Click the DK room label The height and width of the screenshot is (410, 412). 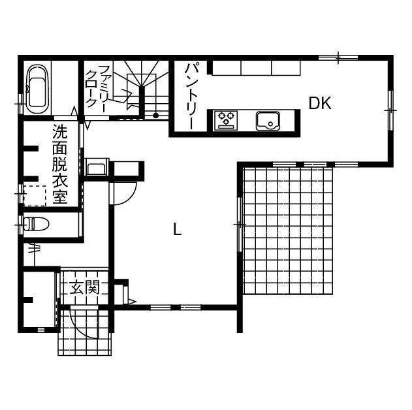[320, 103]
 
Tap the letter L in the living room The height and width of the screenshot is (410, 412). [176, 229]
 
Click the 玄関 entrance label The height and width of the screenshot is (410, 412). [85, 287]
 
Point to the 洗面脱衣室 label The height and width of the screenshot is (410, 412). [60, 165]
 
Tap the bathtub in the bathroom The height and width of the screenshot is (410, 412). [37, 90]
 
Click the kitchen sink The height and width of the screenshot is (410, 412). [268, 120]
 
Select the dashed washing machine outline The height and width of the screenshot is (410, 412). [35, 195]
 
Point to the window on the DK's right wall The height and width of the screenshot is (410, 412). [390, 110]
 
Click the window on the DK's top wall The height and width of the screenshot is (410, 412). [338, 58]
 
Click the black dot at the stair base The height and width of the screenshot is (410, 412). [156, 116]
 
